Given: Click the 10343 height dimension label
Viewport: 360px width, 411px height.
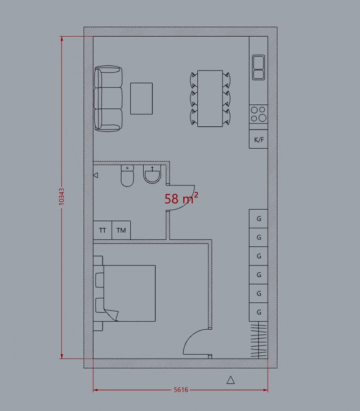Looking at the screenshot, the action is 61,197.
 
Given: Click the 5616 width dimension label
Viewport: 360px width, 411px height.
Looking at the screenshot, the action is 181,390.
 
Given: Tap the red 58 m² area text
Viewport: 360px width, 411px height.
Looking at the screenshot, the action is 181,198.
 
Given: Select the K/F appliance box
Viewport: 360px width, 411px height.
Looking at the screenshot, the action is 259,139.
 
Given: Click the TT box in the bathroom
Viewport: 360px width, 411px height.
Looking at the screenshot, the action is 103,230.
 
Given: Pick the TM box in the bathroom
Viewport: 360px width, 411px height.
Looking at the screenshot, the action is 121,230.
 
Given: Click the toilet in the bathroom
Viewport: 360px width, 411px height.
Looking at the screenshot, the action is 127,175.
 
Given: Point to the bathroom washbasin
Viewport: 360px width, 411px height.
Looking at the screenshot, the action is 152,174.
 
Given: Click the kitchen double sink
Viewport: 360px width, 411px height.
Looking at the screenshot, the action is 259,67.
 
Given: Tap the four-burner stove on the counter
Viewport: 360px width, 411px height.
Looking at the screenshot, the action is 259,114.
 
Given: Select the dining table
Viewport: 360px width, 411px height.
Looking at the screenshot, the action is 210,98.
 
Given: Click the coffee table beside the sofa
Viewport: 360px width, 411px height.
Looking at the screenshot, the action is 141,99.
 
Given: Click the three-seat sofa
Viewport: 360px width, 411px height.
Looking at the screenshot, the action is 108,99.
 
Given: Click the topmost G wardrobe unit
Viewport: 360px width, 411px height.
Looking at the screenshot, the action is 259,219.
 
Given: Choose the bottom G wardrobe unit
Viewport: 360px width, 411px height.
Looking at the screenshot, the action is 259,312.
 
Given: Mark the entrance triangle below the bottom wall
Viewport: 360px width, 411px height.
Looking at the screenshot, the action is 230,380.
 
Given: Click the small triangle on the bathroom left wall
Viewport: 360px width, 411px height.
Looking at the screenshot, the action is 96,175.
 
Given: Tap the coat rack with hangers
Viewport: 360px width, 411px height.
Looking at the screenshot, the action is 259,341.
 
